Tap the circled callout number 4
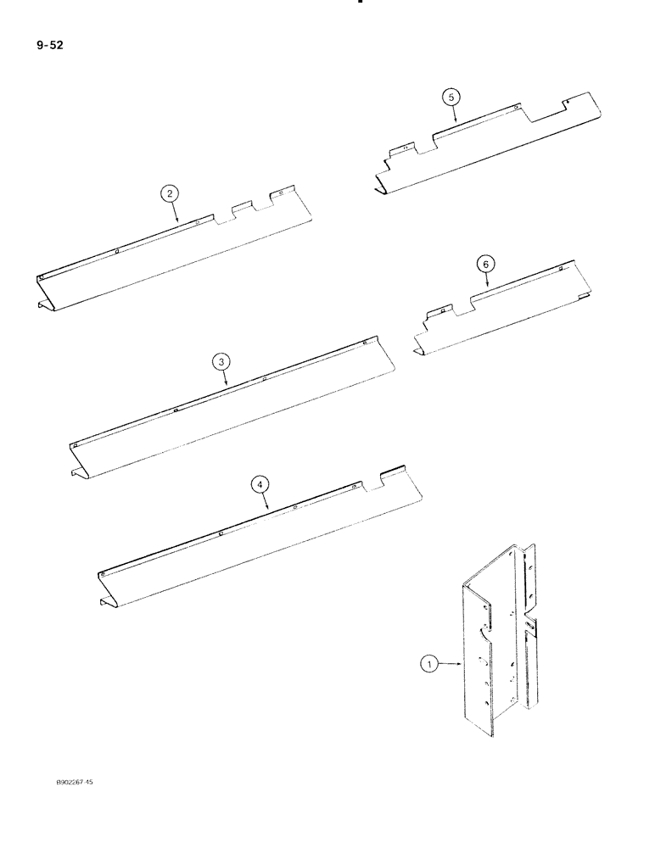point(260,483)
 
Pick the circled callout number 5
point(450,97)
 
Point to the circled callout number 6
point(485,265)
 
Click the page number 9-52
point(51,44)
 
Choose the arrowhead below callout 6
point(489,288)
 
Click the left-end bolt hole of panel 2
point(42,277)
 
